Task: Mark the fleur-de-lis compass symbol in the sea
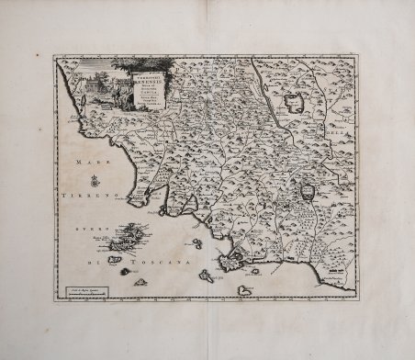[95, 183]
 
